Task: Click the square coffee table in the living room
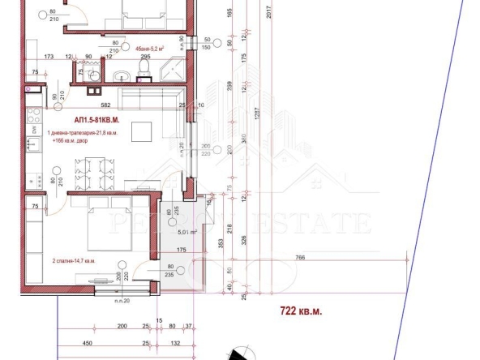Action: (x=142, y=130)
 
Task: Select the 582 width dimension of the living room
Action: (x=106, y=105)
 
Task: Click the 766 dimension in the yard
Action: (x=300, y=257)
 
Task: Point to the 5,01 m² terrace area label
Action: (x=187, y=231)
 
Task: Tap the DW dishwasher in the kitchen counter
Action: (x=33, y=129)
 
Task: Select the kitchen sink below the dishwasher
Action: (x=34, y=147)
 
